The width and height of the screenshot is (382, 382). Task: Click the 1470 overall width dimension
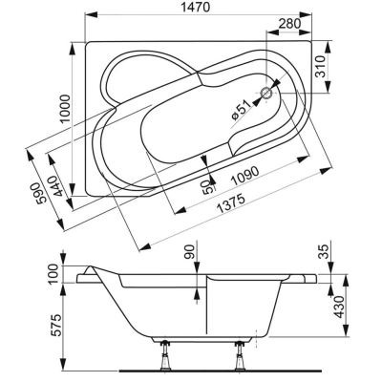[x=196, y=8]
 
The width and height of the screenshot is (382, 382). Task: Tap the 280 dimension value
[x=289, y=24]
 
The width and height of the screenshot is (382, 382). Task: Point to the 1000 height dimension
[x=65, y=109]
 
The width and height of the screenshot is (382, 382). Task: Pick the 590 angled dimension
[x=41, y=193]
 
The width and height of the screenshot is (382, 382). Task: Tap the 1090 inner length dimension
[x=244, y=176]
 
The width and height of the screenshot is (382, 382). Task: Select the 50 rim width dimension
[x=207, y=186]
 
